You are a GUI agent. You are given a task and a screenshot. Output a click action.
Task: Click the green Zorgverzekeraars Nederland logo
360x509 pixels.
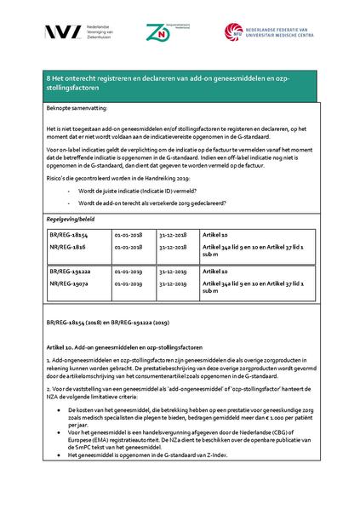click(160, 31)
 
